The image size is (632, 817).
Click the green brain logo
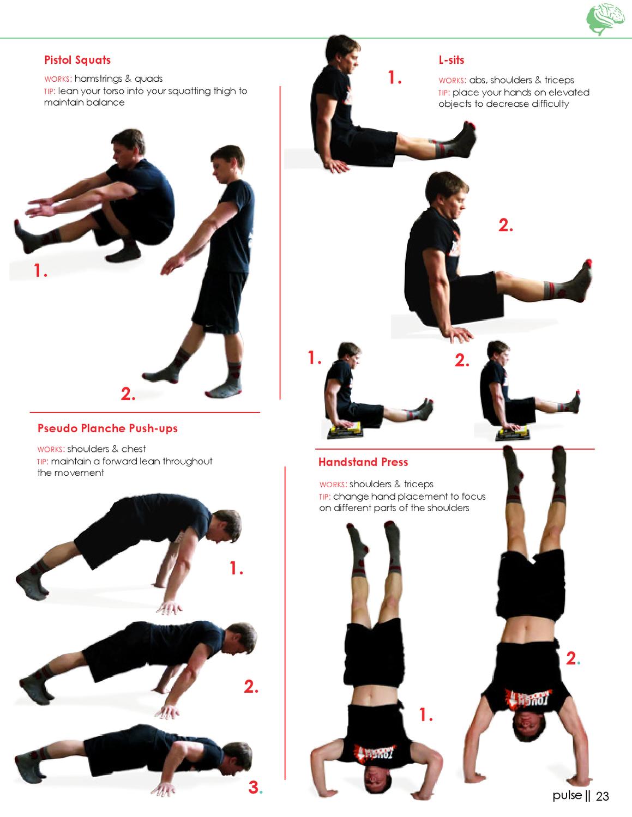[606, 19]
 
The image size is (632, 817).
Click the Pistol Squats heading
[77, 60]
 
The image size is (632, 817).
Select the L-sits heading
[452, 60]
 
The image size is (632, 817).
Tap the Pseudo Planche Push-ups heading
[107, 428]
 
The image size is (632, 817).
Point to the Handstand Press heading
[363, 462]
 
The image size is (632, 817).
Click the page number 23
[602, 796]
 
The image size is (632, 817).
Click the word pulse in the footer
[567, 796]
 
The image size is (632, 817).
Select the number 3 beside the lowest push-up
[254, 788]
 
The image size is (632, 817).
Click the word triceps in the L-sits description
[559, 80]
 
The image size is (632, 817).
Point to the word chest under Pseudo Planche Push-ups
[134, 449]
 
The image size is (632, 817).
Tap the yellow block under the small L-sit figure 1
[345, 427]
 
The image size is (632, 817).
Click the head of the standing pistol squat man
[227, 160]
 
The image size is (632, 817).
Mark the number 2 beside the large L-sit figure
[505, 225]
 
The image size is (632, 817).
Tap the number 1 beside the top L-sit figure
[394, 77]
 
